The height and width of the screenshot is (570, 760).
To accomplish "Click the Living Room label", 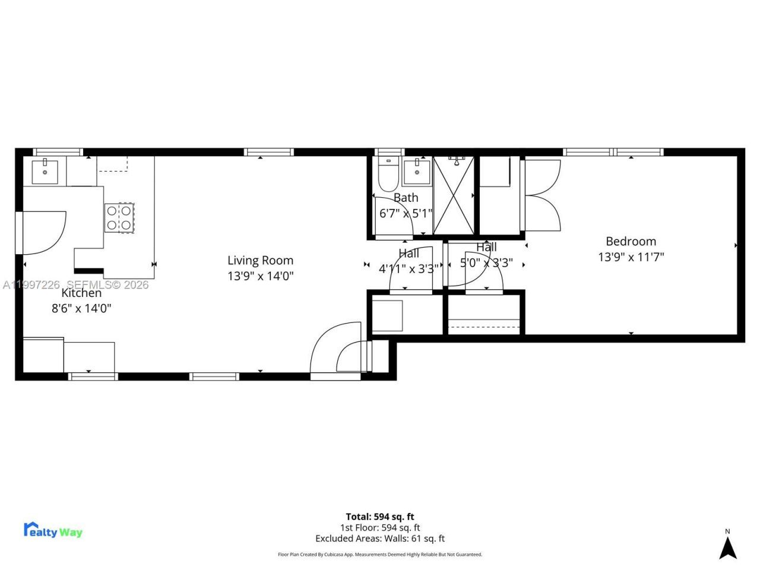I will [260, 260].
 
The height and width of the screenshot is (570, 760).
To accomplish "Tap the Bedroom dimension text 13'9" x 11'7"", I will [631, 256].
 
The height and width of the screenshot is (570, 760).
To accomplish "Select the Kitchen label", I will [81, 293].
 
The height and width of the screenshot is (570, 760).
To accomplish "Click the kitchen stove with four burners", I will [119, 217].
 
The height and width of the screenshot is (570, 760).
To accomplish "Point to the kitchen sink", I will [45, 172].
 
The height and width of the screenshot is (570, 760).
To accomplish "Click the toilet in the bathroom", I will [389, 172].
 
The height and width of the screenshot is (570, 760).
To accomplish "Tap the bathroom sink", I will [417, 172].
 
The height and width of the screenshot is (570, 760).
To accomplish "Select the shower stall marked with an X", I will [454, 195].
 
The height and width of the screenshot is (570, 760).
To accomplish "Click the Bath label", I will [406, 198].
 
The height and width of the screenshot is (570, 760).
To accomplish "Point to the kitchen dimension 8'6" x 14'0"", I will [81, 308].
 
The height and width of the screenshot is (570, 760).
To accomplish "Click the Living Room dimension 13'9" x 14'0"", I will [260, 275].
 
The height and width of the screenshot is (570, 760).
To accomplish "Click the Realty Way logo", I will [53, 530].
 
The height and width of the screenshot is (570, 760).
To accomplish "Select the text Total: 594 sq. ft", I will [380, 517].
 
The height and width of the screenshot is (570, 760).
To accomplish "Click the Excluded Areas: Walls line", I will [380, 539].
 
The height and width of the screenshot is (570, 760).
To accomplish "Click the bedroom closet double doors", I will [541, 195].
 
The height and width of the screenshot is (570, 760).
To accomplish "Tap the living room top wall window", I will [268, 152].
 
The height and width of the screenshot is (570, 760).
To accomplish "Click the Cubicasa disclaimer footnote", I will [380, 555].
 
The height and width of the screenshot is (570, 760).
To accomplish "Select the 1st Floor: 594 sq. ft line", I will [380, 527].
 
